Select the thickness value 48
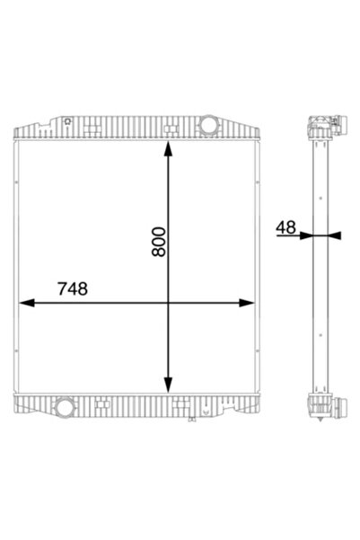pyautogui.click(x=287, y=228)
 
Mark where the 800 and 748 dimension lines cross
pyautogui.click(x=168, y=303)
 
